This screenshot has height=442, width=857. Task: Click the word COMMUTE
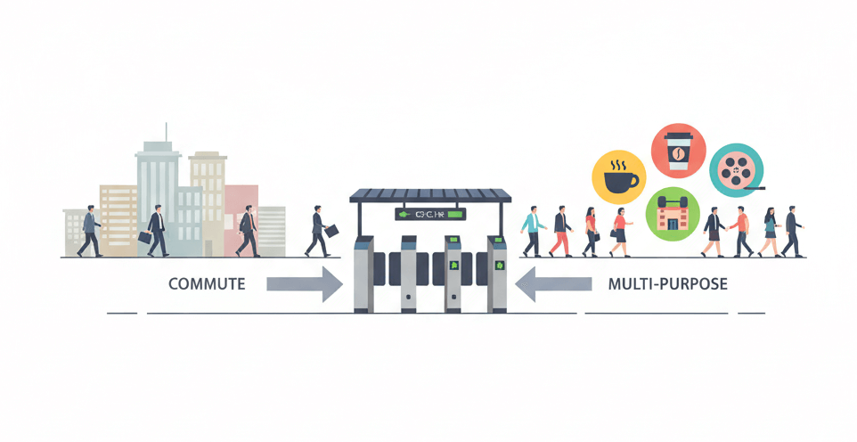click(x=207, y=284)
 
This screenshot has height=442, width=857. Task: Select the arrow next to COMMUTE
click(x=305, y=284)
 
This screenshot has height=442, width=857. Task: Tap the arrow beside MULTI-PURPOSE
click(x=554, y=284)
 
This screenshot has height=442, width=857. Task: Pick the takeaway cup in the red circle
click(x=679, y=151)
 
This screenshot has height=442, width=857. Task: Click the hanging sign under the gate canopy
click(x=430, y=214)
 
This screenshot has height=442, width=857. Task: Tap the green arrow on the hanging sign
click(x=404, y=214)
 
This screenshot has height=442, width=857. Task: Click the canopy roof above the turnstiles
click(x=430, y=194)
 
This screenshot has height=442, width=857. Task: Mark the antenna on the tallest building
click(x=164, y=131)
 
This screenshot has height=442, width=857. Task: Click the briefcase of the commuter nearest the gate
click(x=331, y=231)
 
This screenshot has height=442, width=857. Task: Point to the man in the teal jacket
click(x=533, y=230)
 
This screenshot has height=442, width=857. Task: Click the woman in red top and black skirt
click(x=619, y=232)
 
